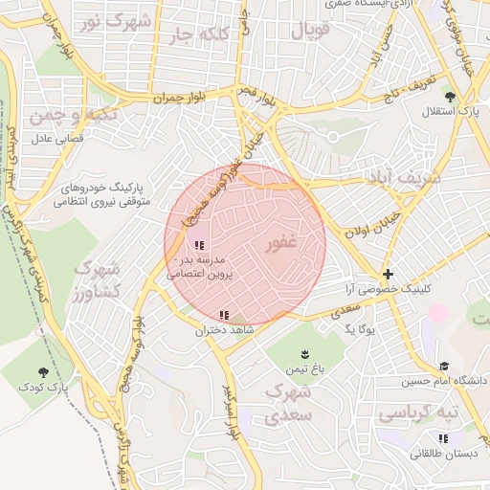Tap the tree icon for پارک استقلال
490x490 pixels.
pyautogui.click(x=449, y=96)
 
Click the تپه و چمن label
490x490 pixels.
pyautogui.click(x=59, y=116)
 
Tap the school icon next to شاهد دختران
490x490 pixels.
pyautogui.click(x=224, y=315)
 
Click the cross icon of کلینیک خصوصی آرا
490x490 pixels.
pyautogui.click(x=388, y=274)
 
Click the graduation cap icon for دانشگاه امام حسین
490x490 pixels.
pyautogui.click(x=444, y=366)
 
